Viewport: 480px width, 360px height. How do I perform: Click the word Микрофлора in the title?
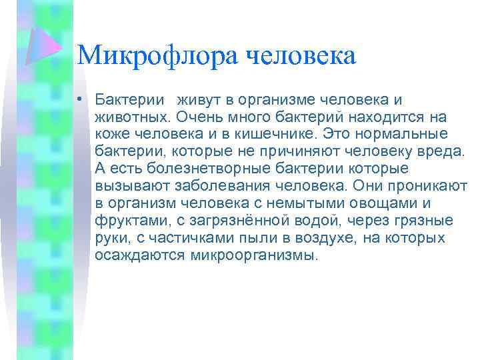158,55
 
